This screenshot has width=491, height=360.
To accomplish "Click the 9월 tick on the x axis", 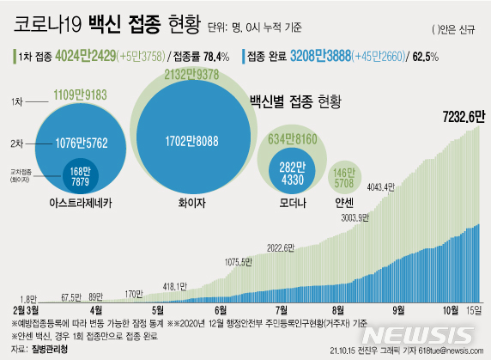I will click(398, 308).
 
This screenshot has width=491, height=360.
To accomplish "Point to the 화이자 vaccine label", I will click(198, 204).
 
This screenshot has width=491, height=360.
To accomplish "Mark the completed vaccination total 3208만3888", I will click(330, 56).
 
